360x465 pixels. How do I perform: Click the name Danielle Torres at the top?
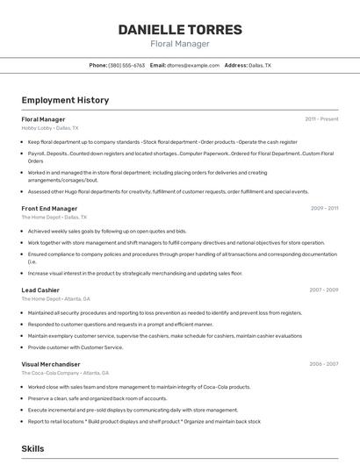click(180, 30)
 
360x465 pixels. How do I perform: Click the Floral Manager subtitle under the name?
click(180, 43)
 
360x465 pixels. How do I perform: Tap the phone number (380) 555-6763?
click(126, 65)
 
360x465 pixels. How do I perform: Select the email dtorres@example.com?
click(194, 65)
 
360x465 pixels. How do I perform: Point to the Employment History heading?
click(65, 100)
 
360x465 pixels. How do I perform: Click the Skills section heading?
click(33, 448)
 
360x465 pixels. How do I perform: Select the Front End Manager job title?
click(50, 208)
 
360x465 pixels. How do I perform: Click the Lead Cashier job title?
click(40, 290)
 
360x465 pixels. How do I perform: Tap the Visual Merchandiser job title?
click(51, 364)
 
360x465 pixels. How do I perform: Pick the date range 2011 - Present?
click(321, 118)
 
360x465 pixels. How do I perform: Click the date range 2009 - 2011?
click(324, 208)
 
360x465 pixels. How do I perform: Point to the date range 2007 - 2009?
click(324, 290)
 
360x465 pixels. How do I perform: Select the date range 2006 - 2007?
click(324, 364)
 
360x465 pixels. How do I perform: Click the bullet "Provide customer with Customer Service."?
click(76, 347)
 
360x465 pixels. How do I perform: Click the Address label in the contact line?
click(235, 65)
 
